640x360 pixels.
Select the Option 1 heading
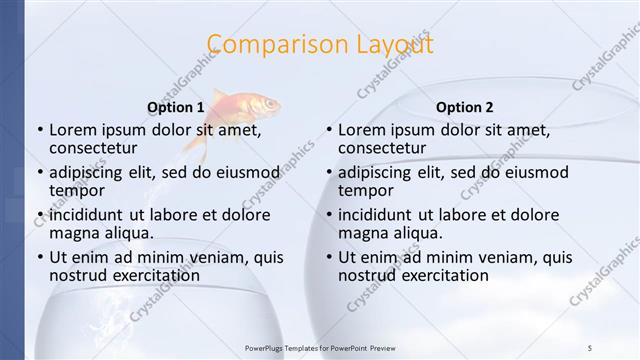tap(175, 107)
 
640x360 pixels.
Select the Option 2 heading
tap(464, 107)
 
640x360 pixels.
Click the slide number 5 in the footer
tap(590, 347)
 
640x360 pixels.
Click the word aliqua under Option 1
tap(129, 233)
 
